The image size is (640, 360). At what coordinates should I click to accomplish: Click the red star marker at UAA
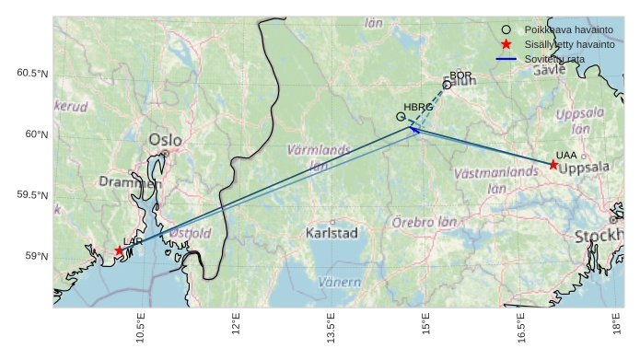click(x=553, y=165)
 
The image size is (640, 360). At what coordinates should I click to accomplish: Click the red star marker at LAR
click(x=119, y=250)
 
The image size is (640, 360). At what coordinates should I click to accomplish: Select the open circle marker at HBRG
click(x=401, y=117)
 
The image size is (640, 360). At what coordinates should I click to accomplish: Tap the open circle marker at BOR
click(x=447, y=85)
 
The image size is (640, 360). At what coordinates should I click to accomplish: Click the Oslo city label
click(x=165, y=140)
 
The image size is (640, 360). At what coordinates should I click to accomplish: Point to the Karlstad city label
click(x=332, y=233)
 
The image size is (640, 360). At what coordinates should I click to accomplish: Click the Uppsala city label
click(x=584, y=169)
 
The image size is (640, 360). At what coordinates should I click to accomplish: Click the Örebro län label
click(x=425, y=222)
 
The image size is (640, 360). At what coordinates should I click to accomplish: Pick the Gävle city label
click(x=549, y=69)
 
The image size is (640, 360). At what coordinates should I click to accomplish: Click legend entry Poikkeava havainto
click(x=563, y=29)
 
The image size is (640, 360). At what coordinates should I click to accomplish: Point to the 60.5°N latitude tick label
click(x=32, y=74)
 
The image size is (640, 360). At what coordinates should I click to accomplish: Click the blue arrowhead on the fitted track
click(x=413, y=130)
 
